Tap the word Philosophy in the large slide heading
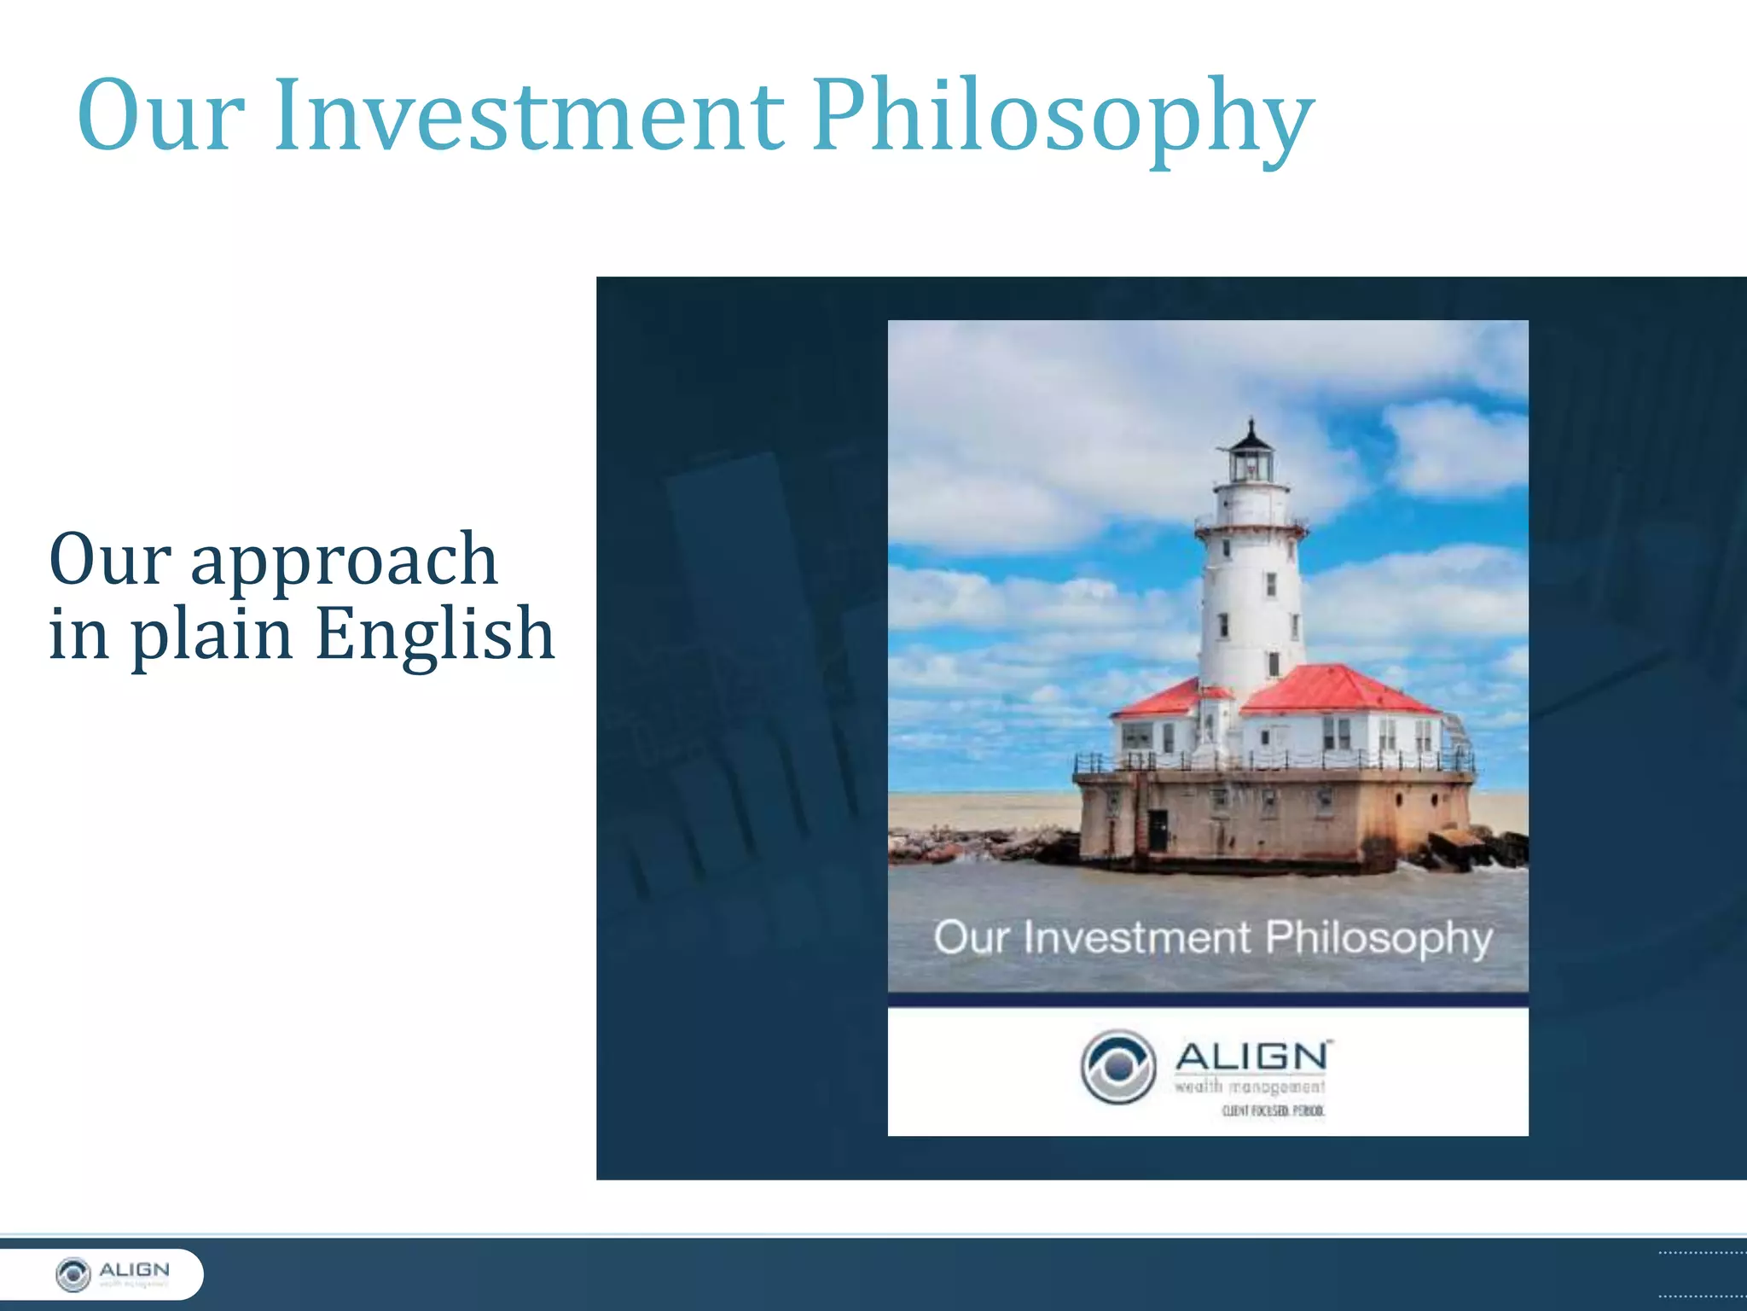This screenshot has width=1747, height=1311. click(1062, 119)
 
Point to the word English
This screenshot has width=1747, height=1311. click(435, 634)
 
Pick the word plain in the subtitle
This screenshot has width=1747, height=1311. click(212, 636)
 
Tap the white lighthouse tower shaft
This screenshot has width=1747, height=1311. click(1251, 597)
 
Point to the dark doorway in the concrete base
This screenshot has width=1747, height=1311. click(1157, 829)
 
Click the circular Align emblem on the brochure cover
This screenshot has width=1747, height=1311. click(1117, 1067)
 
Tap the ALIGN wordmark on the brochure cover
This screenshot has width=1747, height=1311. click(1252, 1057)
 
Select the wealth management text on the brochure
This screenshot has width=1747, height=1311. click(1250, 1087)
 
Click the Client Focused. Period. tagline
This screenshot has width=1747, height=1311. click(1273, 1110)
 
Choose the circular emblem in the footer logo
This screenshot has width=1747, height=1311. click(73, 1274)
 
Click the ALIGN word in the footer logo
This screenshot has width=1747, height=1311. click(135, 1269)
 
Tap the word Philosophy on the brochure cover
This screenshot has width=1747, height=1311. click(1378, 938)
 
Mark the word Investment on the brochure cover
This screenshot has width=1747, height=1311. click(1137, 938)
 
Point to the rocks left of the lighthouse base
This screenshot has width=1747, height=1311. click(972, 844)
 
